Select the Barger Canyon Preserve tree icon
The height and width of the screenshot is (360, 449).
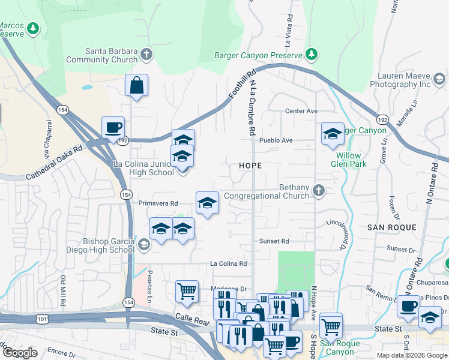[x=312, y=55]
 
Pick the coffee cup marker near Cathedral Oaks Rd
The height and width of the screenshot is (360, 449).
[x=113, y=127]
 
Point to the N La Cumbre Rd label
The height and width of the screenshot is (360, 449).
[x=253, y=108]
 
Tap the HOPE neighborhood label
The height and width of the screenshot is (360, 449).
[x=251, y=164]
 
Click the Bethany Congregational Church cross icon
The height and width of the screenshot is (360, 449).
[x=319, y=191]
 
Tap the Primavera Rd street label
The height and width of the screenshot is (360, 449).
[x=158, y=203]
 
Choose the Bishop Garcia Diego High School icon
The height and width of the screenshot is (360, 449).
[x=143, y=244]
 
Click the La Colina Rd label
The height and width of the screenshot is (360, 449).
[x=228, y=263]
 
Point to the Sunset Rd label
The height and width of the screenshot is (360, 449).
[x=274, y=241]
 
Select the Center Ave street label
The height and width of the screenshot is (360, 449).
[x=301, y=111]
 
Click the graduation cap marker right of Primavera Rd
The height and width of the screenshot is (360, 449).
[x=207, y=203]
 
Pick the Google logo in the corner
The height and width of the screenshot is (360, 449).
[x=20, y=353]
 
